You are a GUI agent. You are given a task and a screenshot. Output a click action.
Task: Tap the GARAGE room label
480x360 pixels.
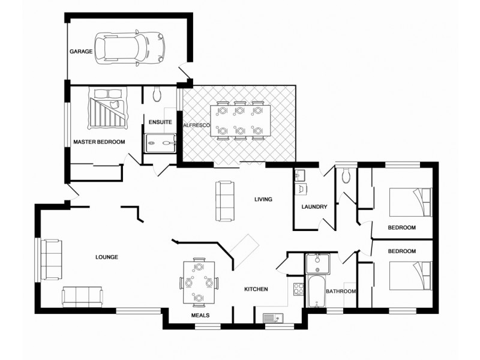pos(81,52)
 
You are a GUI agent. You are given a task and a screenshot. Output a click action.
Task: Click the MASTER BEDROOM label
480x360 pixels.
pos(99,142)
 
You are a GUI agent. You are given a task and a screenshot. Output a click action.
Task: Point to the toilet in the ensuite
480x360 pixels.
pos(157,93)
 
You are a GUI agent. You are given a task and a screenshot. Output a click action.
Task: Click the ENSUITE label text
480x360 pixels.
pos(160,122)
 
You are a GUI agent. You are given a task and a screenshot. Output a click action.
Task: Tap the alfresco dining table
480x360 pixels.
pos(239,121)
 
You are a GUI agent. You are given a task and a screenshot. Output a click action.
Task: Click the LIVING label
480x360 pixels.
pos(263,199)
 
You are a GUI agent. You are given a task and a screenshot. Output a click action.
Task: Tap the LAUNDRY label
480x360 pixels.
pos(314,208)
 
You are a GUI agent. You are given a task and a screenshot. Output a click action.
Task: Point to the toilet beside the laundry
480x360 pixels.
pos(345,175)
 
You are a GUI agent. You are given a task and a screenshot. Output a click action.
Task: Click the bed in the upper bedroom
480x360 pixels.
pos(410,202)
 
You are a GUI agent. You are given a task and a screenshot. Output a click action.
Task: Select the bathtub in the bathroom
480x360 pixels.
pos(315,291)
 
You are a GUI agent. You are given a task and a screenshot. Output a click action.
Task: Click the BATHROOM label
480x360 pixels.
pos(341,292)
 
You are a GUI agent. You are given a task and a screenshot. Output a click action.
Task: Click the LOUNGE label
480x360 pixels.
pos(107,257)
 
